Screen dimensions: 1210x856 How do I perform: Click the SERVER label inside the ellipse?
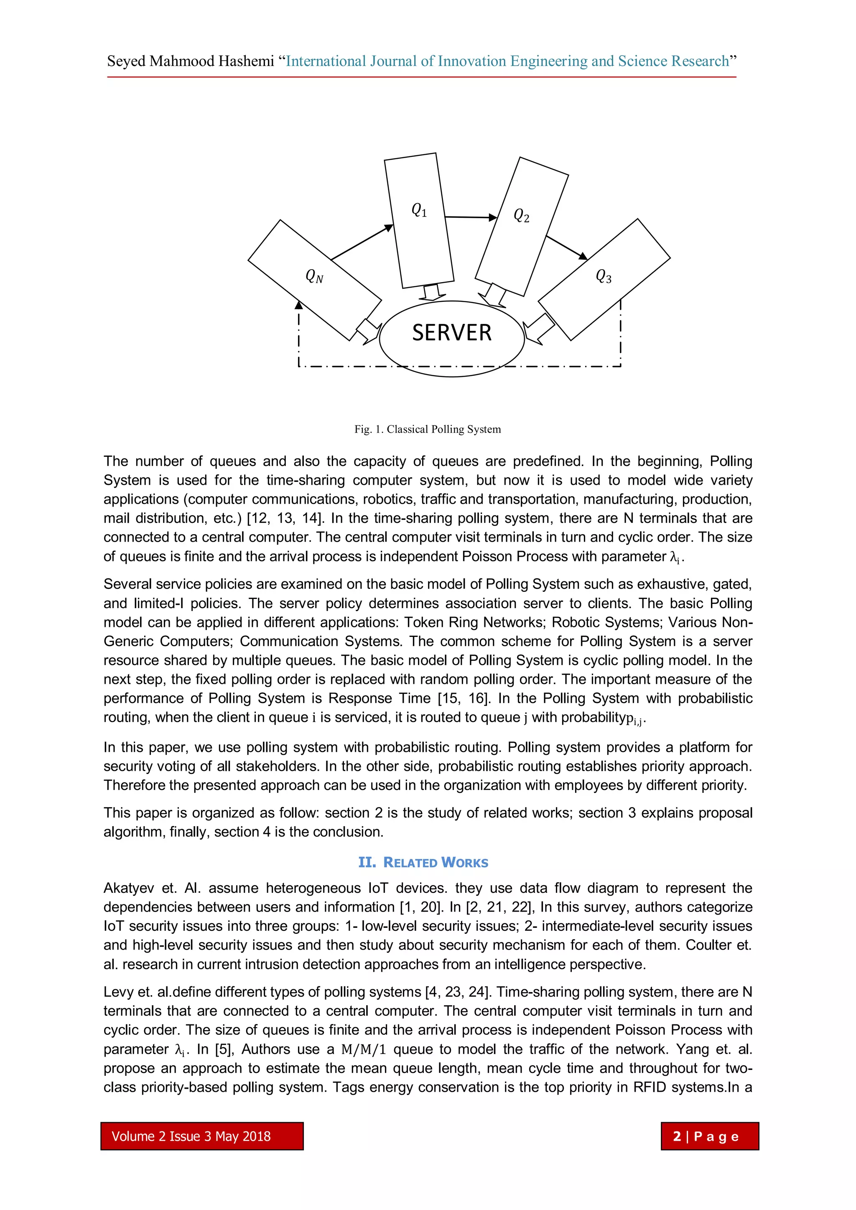point(452,333)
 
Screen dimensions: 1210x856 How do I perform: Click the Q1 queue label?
point(419,210)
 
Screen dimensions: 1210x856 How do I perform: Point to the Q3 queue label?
point(604,276)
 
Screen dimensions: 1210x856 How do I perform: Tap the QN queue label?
point(315,276)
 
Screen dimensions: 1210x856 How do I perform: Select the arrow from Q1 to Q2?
point(470,217)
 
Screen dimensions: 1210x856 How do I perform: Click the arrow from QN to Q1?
point(362,243)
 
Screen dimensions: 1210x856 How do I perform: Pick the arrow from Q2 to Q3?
point(567,248)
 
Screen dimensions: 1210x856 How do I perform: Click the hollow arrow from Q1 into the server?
point(432,293)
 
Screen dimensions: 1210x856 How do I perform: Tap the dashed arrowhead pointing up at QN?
point(299,305)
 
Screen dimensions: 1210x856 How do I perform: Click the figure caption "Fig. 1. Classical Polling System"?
point(428,429)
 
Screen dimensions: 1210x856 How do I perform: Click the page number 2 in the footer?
point(677,1136)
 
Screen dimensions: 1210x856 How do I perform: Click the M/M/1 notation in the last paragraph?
point(363,1049)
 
